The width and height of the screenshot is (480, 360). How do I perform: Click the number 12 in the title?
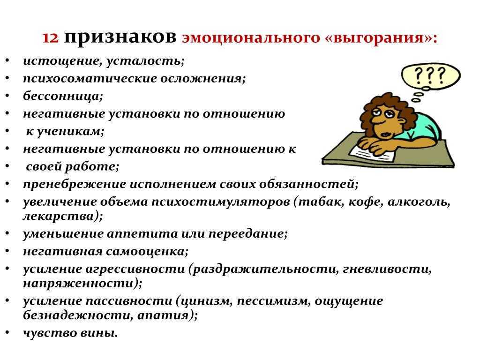51,37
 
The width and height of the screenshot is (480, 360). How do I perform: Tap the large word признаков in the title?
120,37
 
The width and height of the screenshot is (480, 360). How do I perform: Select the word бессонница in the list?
63,96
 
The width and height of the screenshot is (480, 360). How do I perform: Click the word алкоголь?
419,202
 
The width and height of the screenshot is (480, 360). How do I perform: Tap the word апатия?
166,315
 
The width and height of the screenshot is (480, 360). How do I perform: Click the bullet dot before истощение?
9,61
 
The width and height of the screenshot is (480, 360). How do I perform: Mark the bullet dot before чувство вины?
9,333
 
